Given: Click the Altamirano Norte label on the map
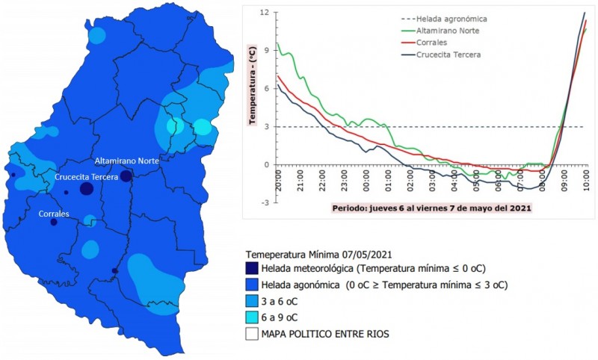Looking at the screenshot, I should coord(126,161).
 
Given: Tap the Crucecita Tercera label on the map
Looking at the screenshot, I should coord(87,177).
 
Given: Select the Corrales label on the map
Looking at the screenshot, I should coord(54,214).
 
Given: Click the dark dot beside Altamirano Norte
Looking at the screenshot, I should coord(126,176).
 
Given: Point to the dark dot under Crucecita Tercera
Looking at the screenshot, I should coord(87,189).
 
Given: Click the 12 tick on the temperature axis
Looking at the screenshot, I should coord(263,13).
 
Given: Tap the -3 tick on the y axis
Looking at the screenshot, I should coord(265,202).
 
